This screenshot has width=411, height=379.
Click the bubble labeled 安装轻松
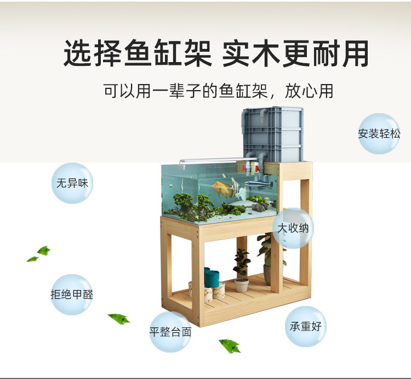click(x=379, y=133)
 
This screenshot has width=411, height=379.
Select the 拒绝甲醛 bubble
click(x=72, y=294)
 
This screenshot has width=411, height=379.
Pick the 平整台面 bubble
click(x=170, y=332)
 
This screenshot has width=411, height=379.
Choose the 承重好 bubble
click(x=305, y=326)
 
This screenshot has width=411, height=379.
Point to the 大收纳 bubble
click(x=293, y=228)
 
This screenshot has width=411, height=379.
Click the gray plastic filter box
click(x=272, y=134)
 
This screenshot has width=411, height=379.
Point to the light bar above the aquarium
click(x=208, y=160)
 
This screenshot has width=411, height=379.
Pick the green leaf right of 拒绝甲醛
click(x=118, y=318)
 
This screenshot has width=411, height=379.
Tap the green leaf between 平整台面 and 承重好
click(x=230, y=345)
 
